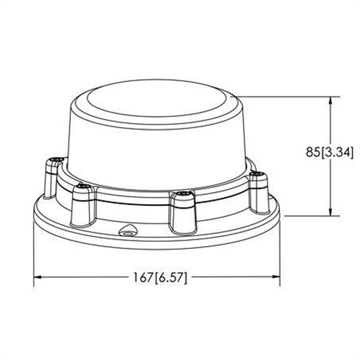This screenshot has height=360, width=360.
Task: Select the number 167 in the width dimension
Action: pos(141,278)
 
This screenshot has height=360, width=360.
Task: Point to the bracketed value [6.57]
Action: pos(171,278)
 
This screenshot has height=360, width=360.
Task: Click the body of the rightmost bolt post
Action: pos(259,195)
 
